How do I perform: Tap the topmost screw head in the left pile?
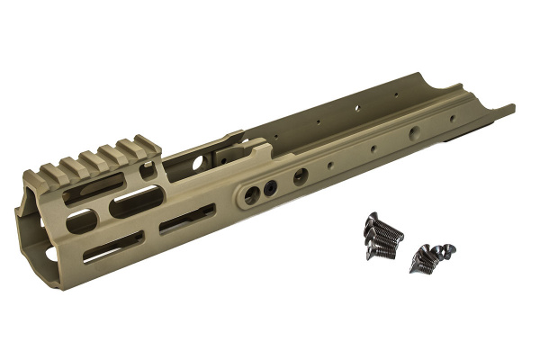pos(371,218)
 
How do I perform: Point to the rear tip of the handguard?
pos(509,110)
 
